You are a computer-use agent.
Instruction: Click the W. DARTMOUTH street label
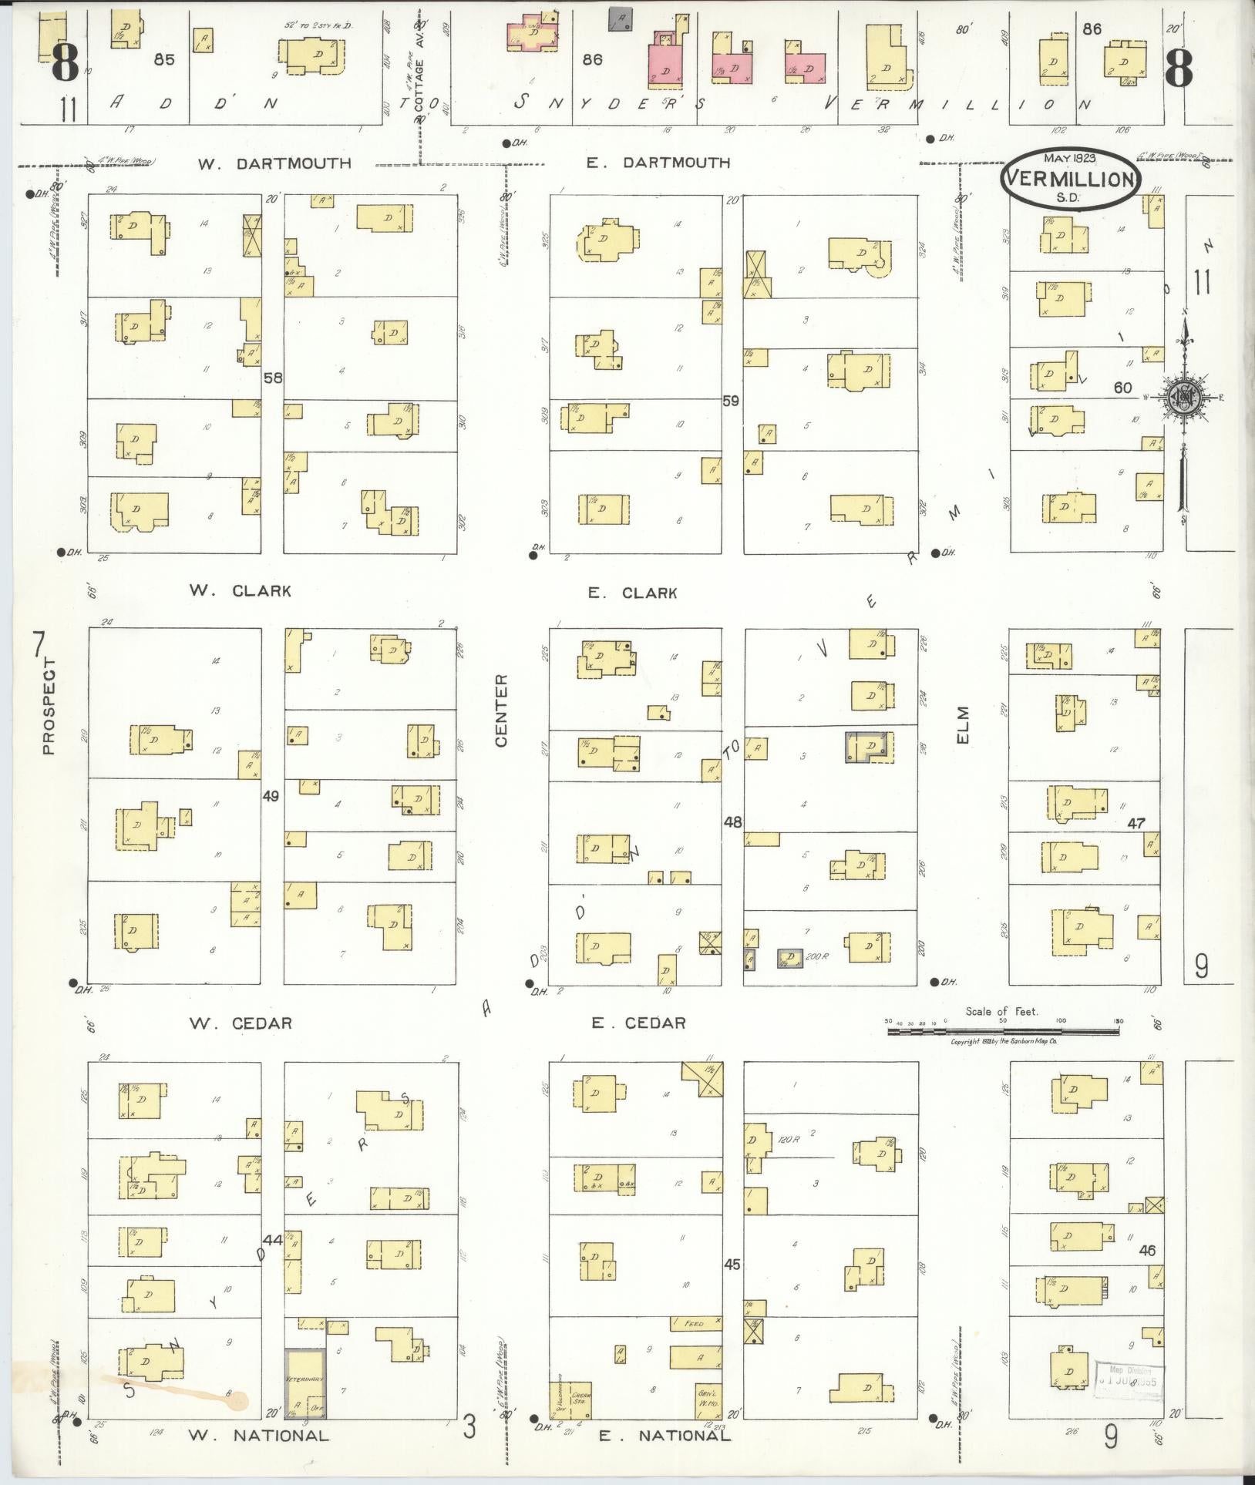tap(274, 163)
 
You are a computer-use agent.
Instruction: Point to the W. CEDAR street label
tap(241, 1023)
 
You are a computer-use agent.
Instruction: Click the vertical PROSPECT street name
tap(49, 704)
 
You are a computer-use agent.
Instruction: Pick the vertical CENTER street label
tap(501, 710)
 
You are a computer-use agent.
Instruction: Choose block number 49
tap(271, 795)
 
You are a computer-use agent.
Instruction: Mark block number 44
tap(271, 1239)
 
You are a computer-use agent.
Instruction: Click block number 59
tap(731, 401)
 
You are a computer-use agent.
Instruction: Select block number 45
tap(732, 1264)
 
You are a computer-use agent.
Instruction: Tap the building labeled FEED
tap(695, 1323)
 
